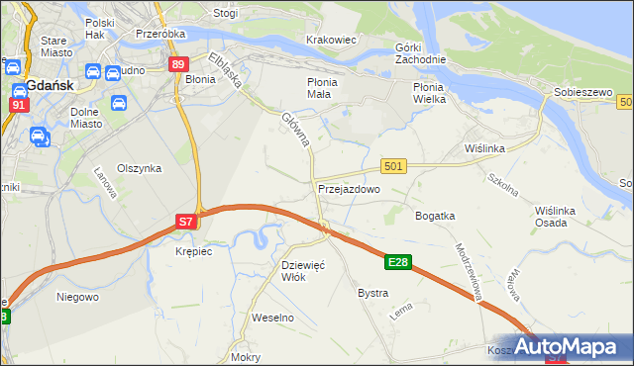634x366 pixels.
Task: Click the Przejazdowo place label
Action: point(349,188)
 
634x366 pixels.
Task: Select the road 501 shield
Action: point(393,166)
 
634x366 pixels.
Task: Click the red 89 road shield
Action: point(178,64)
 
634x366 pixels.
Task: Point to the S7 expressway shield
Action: point(186,223)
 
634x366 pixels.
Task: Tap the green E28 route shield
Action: point(398,262)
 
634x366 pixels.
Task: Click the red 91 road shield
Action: point(18,104)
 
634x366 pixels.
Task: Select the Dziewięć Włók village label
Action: point(304,270)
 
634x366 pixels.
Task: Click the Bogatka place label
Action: point(435,215)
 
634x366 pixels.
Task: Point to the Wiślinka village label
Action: point(485,147)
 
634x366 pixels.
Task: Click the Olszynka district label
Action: point(139,168)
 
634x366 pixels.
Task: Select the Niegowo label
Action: point(77,296)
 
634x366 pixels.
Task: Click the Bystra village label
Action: point(372,294)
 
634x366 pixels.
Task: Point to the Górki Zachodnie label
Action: point(421,52)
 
